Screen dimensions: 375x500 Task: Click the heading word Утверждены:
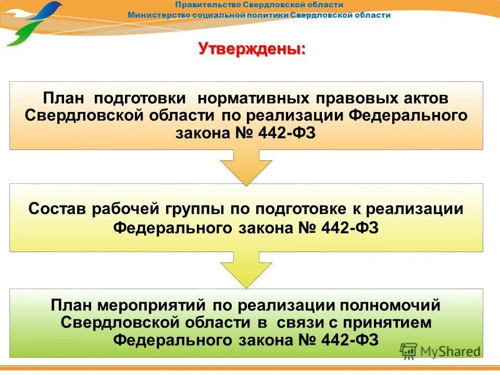pos(252,49)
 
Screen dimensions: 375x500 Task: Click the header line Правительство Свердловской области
pos(259,5)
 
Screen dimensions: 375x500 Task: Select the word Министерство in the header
pos(159,15)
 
